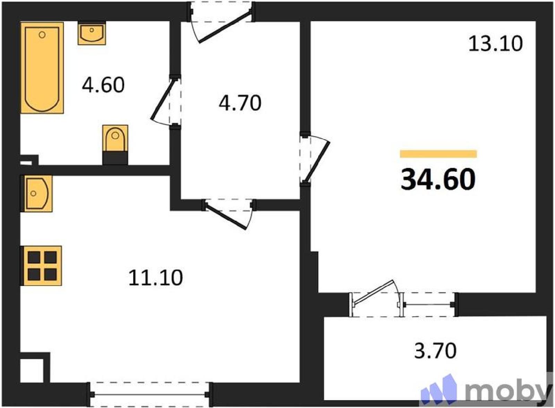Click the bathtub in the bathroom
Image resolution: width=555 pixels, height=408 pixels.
coord(42,68)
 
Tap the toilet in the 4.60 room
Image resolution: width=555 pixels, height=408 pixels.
coord(115,144)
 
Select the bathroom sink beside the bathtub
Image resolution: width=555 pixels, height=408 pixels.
coord(92,33)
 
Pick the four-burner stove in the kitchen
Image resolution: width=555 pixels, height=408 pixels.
coord(41,266)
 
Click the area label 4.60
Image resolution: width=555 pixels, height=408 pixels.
coord(103,85)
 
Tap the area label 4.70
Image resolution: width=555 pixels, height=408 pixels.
coord(240,103)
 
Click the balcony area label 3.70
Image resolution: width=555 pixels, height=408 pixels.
coord(435,351)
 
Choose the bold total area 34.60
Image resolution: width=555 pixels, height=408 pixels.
coord(438,179)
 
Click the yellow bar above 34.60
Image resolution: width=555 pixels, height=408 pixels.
coord(438,154)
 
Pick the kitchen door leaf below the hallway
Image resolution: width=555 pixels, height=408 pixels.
coord(226,216)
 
